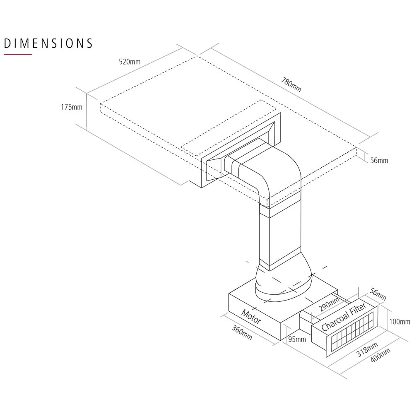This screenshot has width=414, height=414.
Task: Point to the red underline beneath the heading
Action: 18,54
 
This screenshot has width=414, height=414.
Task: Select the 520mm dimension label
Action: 130,62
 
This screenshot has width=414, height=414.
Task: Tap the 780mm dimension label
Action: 291,84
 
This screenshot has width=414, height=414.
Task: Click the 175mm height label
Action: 72,107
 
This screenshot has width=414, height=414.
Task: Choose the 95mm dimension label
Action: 296,339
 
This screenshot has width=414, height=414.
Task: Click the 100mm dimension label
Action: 400,322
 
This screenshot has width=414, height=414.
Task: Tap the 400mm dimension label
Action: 380,356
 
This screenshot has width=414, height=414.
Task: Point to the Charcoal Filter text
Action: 343,317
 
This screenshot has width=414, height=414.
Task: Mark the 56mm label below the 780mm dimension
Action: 379,160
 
